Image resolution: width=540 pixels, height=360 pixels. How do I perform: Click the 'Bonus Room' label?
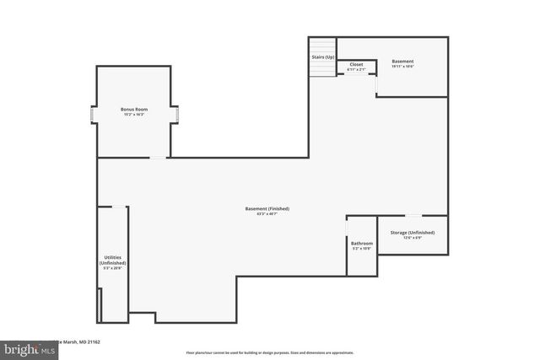135,109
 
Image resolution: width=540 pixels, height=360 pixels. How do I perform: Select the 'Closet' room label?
356,64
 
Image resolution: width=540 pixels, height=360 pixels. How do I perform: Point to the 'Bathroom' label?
362,243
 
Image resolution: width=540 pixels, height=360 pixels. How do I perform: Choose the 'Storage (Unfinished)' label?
412,232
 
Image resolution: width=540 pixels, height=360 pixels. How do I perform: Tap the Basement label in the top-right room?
402,61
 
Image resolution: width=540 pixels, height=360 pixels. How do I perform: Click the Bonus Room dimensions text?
135,115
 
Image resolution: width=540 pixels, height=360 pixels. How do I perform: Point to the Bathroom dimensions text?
362,249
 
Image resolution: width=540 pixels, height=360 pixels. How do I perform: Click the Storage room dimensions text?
412,238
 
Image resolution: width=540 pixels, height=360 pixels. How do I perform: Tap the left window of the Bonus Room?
94,116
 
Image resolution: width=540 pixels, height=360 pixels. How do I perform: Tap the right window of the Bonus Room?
175,116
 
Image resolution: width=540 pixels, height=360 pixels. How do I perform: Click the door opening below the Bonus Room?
158,158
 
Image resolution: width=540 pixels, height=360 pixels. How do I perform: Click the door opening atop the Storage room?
429,216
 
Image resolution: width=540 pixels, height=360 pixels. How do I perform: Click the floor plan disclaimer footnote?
270,352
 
